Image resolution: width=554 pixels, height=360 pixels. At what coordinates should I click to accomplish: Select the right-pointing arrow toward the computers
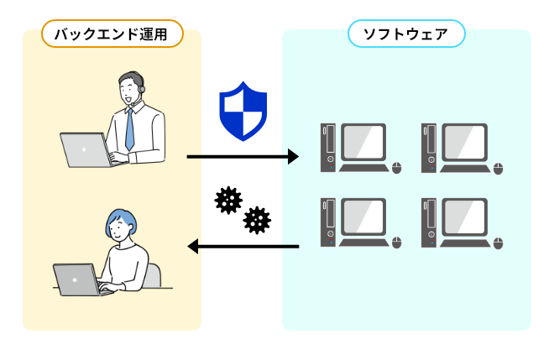243,156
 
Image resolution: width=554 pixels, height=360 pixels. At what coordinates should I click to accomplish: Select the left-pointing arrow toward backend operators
243,247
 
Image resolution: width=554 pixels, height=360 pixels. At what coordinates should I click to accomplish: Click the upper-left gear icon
227,201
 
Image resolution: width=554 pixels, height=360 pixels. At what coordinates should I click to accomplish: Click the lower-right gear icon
257,221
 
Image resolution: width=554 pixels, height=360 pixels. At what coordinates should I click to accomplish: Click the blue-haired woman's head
120,224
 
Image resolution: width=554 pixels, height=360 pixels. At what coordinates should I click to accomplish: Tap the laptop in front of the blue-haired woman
76,279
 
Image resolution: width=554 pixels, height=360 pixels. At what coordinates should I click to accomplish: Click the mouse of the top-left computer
397,169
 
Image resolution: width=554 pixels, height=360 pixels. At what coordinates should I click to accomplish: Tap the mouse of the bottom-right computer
498,243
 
